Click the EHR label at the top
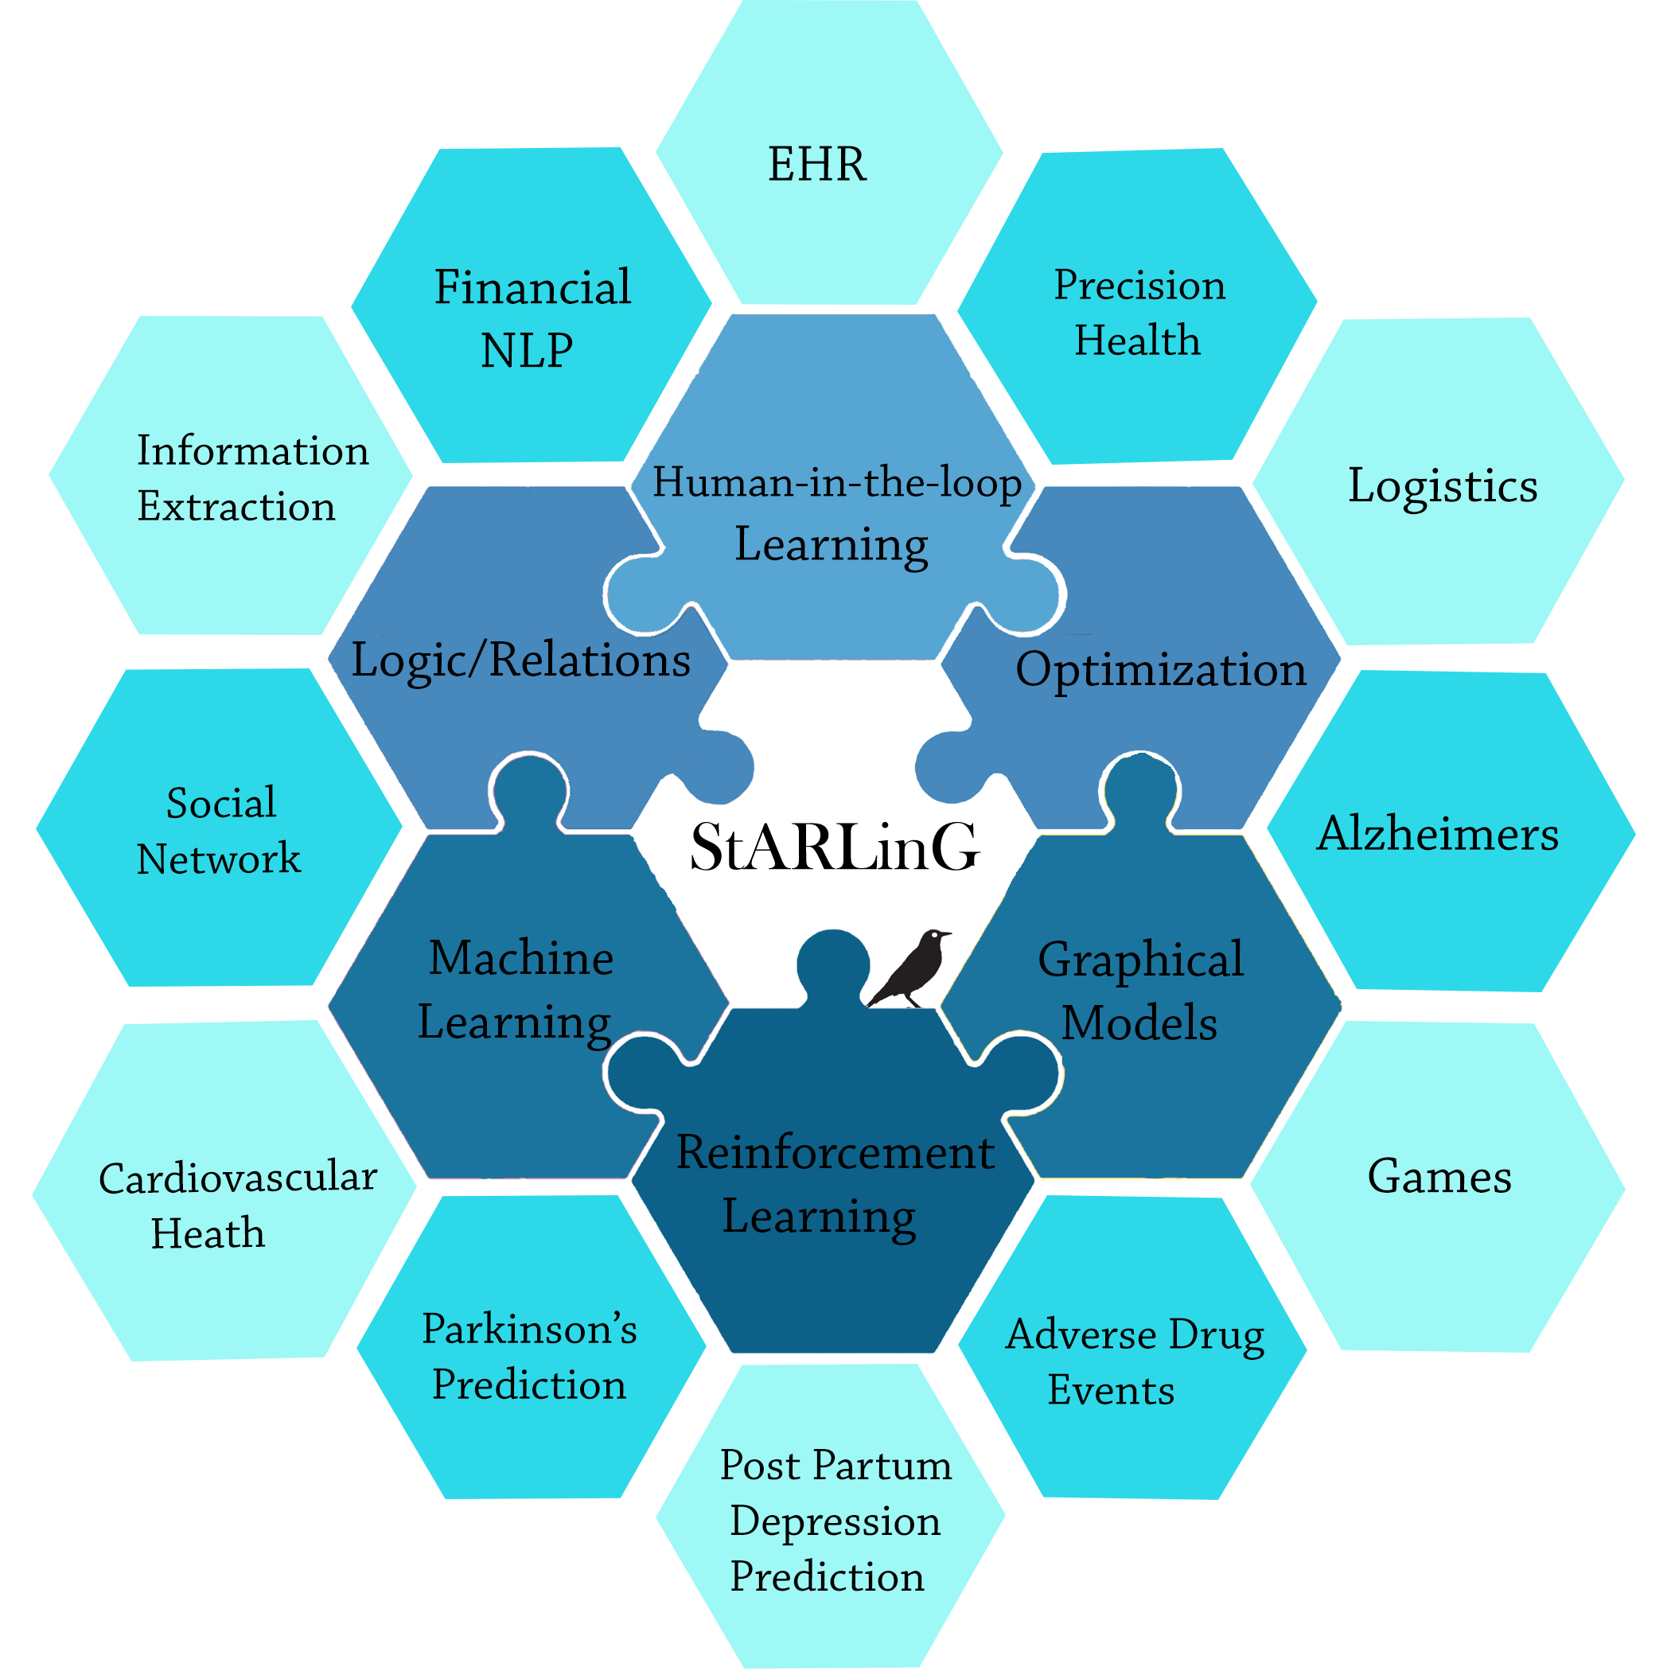816,165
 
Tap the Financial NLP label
531,318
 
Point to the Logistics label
1443,486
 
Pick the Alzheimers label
1438,835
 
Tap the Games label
1439,1176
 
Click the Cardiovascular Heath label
237,1205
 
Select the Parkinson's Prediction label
529,1356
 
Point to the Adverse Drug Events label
1133,1361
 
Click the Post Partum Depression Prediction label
834,1520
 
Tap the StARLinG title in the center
835,847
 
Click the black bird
910,968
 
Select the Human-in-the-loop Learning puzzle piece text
835,513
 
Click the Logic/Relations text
520,660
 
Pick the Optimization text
1160,669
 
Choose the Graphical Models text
1140,991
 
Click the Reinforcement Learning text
834,1184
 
